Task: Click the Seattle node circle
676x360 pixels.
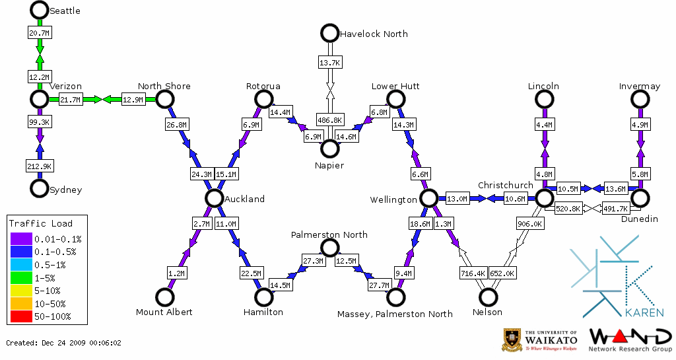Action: (40, 10)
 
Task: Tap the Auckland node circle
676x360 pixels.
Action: (213, 198)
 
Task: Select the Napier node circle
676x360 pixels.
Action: (329, 149)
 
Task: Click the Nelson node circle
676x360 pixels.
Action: (488, 297)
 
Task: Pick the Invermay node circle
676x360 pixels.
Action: (640, 99)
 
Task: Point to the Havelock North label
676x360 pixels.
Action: (374, 34)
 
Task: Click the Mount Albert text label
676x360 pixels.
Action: (164, 312)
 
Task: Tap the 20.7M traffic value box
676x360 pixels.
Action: (40, 32)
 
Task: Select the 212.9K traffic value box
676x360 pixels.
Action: (40, 165)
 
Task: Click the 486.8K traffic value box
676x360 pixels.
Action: (329, 120)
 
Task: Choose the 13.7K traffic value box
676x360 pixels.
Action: (329, 62)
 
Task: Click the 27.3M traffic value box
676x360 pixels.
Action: (312, 261)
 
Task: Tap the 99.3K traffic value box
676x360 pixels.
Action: (40, 122)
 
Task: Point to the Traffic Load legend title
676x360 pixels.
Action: (41, 223)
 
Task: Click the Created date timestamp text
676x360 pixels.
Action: (63, 343)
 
